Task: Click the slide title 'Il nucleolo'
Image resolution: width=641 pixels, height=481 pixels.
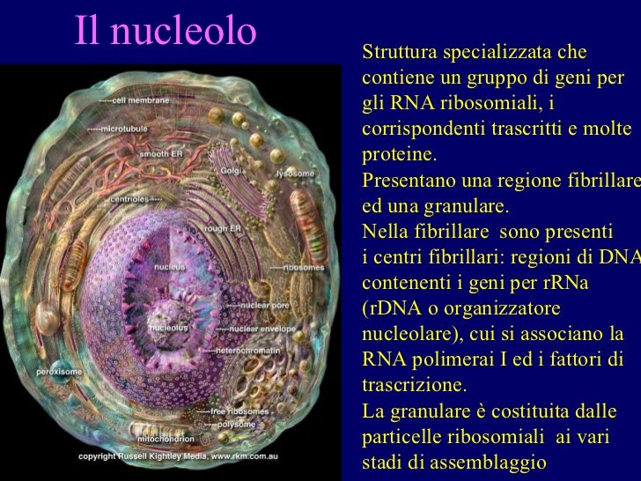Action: point(166,32)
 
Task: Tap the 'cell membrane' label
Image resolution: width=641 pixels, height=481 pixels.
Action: point(140,101)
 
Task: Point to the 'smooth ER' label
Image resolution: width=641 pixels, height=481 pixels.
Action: point(160,152)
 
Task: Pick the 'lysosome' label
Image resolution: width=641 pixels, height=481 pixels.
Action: point(295,174)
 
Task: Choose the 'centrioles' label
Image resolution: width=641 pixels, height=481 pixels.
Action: point(128,199)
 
